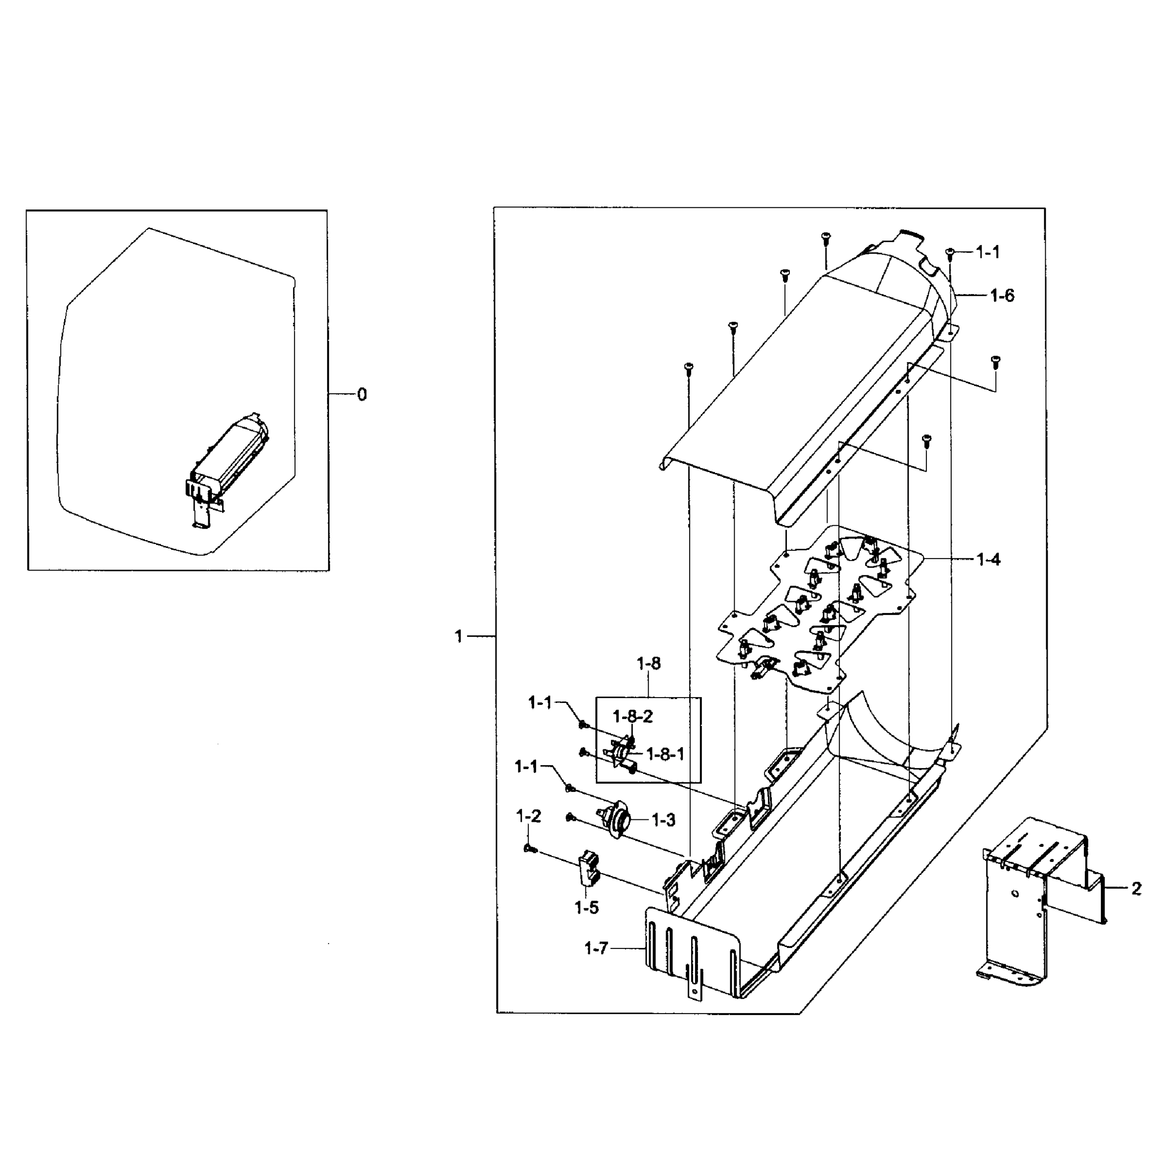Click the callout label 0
click(x=362, y=395)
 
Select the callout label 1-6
click(x=1002, y=296)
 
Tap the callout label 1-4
click(x=988, y=560)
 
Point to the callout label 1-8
click(x=649, y=664)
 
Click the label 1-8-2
click(x=632, y=717)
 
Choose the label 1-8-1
click(x=665, y=754)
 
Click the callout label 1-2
click(x=528, y=816)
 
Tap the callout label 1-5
click(x=586, y=908)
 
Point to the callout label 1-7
click(x=596, y=948)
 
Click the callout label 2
click(x=1136, y=889)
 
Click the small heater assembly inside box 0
click(x=228, y=462)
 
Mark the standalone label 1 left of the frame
click(x=459, y=636)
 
